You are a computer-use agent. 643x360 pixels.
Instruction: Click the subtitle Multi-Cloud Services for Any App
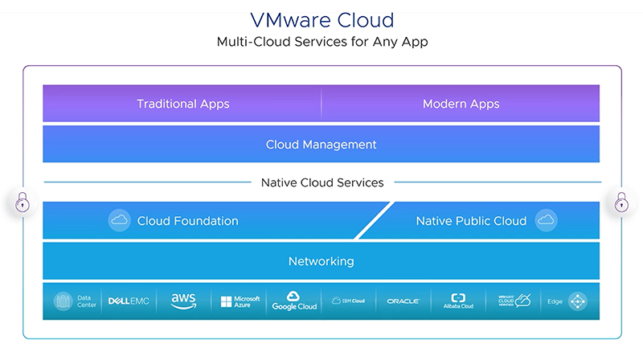click(x=321, y=42)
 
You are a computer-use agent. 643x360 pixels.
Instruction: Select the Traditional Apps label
click(x=182, y=104)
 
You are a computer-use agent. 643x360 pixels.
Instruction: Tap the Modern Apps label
click(x=461, y=104)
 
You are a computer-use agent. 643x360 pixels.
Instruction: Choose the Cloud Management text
click(x=321, y=145)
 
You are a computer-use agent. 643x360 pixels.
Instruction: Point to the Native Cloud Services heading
click(x=321, y=182)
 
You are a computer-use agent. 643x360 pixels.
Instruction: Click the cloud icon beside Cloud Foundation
click(x=119, y=220)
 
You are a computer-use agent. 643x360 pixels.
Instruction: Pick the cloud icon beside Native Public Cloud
click(x=547, y=220)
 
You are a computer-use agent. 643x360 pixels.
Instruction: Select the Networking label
click(x=321, y=261)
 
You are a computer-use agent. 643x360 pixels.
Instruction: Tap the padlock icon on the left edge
click(x=22, y=202)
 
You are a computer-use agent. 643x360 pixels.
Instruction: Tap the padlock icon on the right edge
click(x=621, y=202)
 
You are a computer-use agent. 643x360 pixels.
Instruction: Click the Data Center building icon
click(x=63, y=301)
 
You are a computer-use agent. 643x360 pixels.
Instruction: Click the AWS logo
click(x=183, y=301)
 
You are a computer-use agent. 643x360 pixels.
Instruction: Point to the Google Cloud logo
click(x=294, y=301)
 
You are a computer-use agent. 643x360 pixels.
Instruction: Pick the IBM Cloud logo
click(x=347, y=301)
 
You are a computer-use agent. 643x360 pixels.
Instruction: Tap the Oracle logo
click(x=403, y=301)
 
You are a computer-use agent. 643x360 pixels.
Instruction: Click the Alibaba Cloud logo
click(x=458, y=301)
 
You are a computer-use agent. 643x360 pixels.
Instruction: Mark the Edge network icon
click(x=577, y=301)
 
